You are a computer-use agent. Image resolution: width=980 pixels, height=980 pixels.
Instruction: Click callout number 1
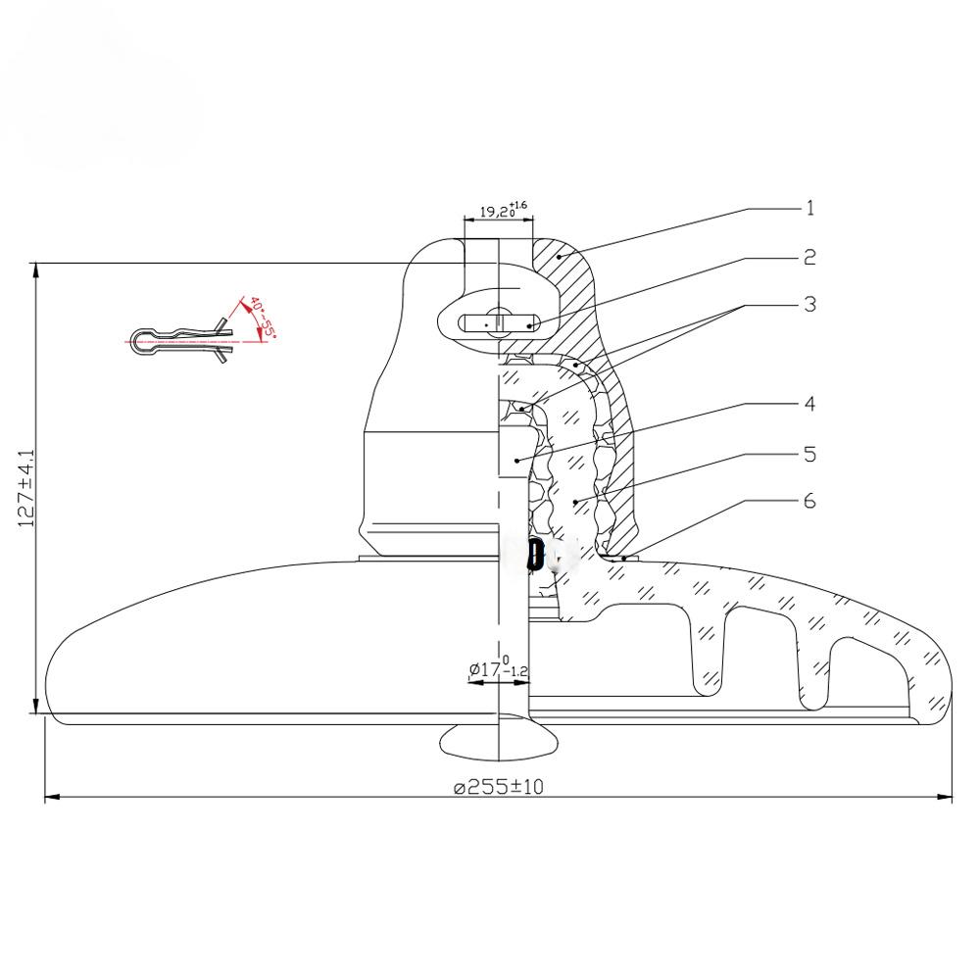[x=810, y=208]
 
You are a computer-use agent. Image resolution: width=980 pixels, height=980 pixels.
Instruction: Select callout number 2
[x=809, y=257]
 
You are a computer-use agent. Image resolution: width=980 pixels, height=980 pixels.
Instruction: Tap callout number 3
[x=809, y=305]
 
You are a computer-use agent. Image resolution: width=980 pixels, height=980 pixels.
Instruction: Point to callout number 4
[x=809, y=404]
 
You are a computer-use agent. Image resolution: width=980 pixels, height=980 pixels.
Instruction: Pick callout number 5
[x=809, y=454]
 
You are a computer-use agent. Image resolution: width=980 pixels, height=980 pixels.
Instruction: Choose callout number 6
[x=809, y=501]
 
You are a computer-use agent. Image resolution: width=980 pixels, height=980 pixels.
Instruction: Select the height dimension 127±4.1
[x=26, y=489]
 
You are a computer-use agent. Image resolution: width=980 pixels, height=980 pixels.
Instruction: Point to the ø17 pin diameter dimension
[x=499, y=668]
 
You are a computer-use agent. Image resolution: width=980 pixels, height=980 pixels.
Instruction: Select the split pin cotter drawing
[x=181, y=340]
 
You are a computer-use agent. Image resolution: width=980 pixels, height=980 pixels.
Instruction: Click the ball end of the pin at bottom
[x=500, y=742]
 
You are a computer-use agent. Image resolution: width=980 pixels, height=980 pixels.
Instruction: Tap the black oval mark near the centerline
[x=534, y=555]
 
